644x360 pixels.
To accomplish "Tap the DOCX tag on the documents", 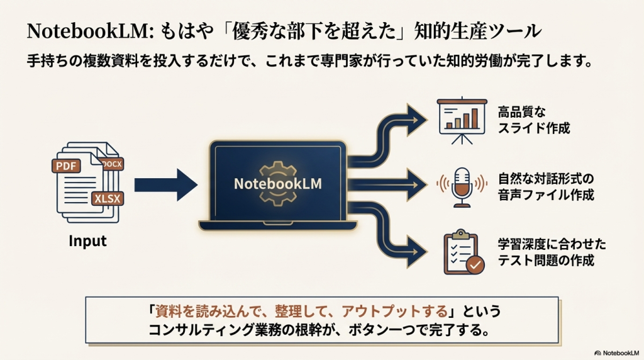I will [x=112, y=164].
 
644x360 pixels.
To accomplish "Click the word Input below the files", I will [x=87, y=241].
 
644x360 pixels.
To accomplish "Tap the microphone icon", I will [x=462, y=186].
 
